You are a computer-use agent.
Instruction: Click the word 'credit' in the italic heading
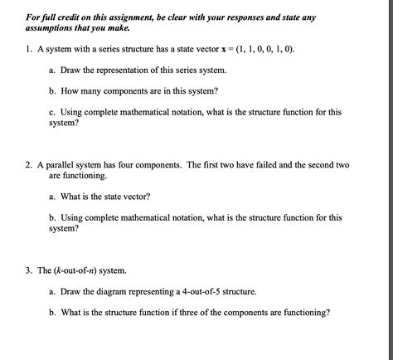pos(72,17)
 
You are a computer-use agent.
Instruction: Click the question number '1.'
pos(29,50)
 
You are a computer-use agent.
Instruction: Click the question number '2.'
pos(29,165)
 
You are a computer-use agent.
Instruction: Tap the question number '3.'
pos(29,271)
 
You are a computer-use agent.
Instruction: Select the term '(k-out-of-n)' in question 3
pos(74,271)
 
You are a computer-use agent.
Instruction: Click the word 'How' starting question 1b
pos(70,91)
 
